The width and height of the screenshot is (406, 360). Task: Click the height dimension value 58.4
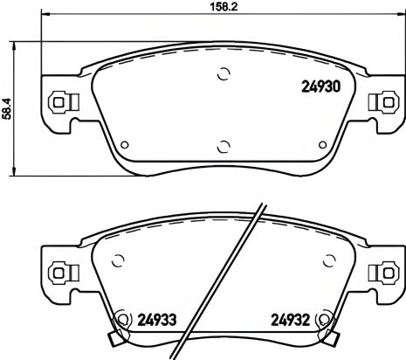pos(9,109)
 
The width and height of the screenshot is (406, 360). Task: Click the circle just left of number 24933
pos(121,319)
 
